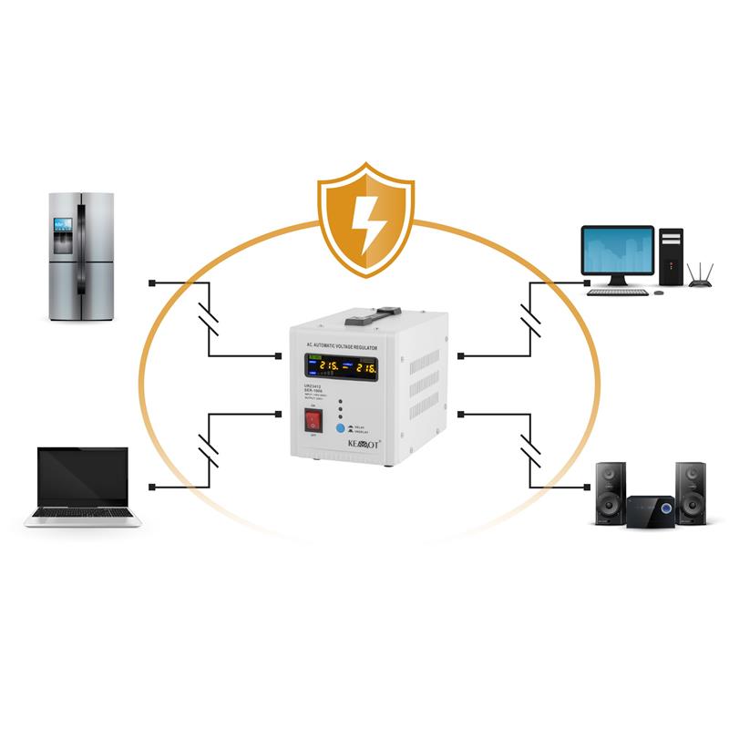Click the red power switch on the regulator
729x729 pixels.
pyautogui.click(x=314, y=421)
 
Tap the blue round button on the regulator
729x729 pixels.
pyautogui.click(x=341, y=427)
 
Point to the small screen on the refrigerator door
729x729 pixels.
pyautogui.click(x=63, y=225)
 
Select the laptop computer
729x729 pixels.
pyautogui.click(x=83, y=487)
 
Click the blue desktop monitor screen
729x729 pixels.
pyautogui.click(x=618, y=251)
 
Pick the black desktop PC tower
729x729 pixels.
pyautogui.click(x=671, y=255)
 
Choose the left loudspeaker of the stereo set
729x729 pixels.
pyautogui.click(x=610, y=492)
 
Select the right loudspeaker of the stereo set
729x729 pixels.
pyautogui.click(x=691, y=492)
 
